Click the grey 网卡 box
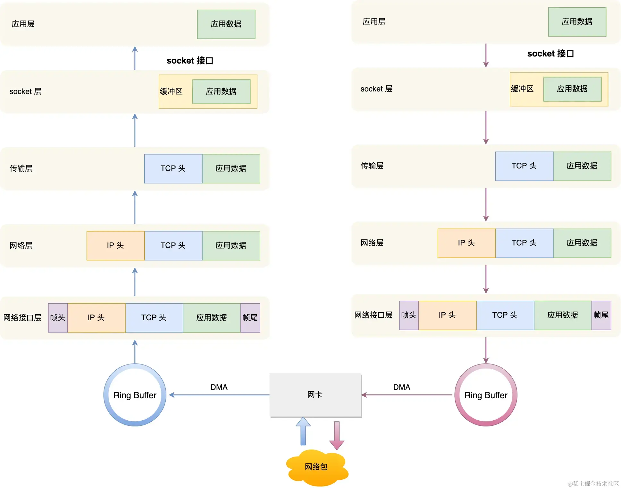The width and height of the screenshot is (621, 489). point(315,395)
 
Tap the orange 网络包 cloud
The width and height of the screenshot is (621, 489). point(316,467)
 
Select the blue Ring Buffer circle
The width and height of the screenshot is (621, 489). point(135,395)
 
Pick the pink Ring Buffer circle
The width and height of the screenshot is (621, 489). point(486,395)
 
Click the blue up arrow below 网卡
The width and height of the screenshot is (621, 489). point(303,431)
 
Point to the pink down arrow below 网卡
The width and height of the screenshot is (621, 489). point(337,435)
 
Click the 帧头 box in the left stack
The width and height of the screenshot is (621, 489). point(58,318)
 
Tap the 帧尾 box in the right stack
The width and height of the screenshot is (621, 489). point(601,315)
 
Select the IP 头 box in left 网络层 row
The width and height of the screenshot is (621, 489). point(115,245)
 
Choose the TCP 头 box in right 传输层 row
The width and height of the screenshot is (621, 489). point(524,166)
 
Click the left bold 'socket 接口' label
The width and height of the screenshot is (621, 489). point(190,61)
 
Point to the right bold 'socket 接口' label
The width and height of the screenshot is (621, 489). point(550,54)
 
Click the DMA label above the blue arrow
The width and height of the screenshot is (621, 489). point(219,387)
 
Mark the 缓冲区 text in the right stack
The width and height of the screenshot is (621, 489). point(522,89)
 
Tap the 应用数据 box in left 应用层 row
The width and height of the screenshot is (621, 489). point(226,24)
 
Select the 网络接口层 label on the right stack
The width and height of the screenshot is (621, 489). point(373,315)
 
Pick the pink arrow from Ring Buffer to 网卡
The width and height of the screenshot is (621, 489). point(407,395)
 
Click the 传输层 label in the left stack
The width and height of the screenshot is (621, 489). point(21,168)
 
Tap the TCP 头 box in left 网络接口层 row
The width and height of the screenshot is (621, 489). point(154,318)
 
